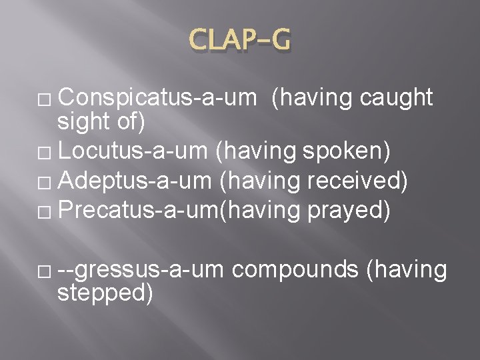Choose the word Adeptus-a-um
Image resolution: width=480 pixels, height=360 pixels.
point(136,180)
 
